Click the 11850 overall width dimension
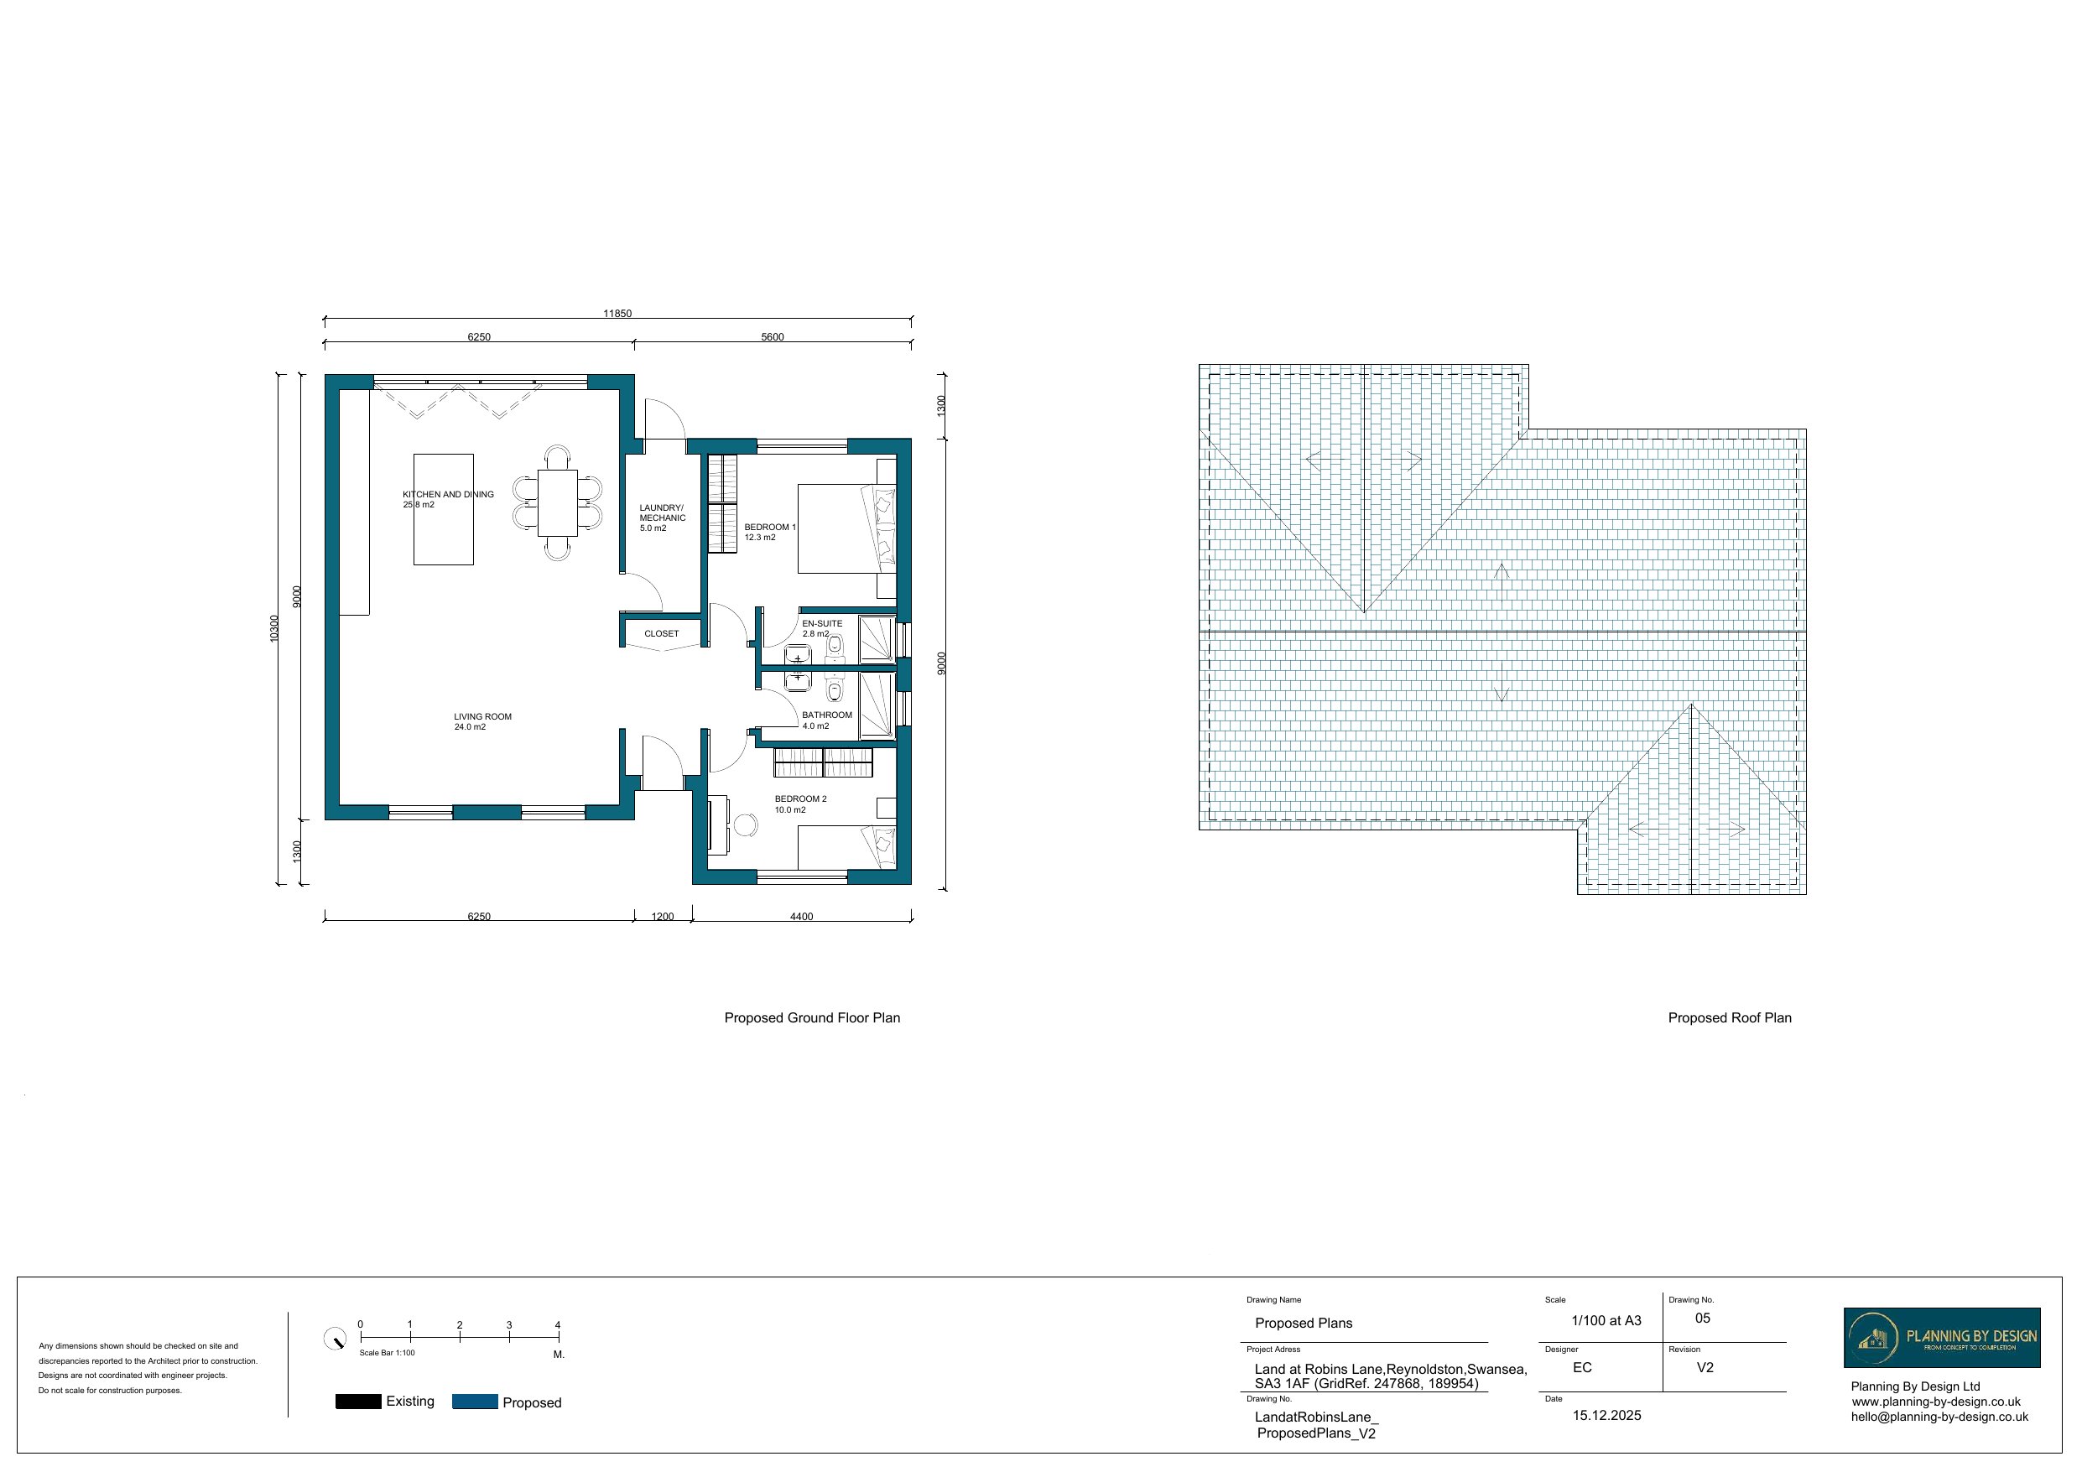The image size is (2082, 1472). [617, 313]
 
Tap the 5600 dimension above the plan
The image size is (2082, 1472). [772, 336]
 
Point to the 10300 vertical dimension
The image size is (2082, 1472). [273, 628]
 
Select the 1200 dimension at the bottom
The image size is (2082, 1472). [662, 916]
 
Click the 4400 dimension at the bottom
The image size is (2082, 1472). [801, 916]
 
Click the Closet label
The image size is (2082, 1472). [661, 633]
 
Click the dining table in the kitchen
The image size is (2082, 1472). [557, 502]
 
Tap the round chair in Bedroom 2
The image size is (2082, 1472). [746, 824]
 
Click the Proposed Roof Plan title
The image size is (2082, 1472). [1729, 1017]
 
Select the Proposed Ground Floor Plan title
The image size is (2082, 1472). [812, 1017]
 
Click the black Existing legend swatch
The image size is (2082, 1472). [358, 1402]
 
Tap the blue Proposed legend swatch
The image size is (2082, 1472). [475, 1402]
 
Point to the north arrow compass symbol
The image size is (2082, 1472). [335, 1339]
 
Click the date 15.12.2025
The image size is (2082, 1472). [1606, 1415]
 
